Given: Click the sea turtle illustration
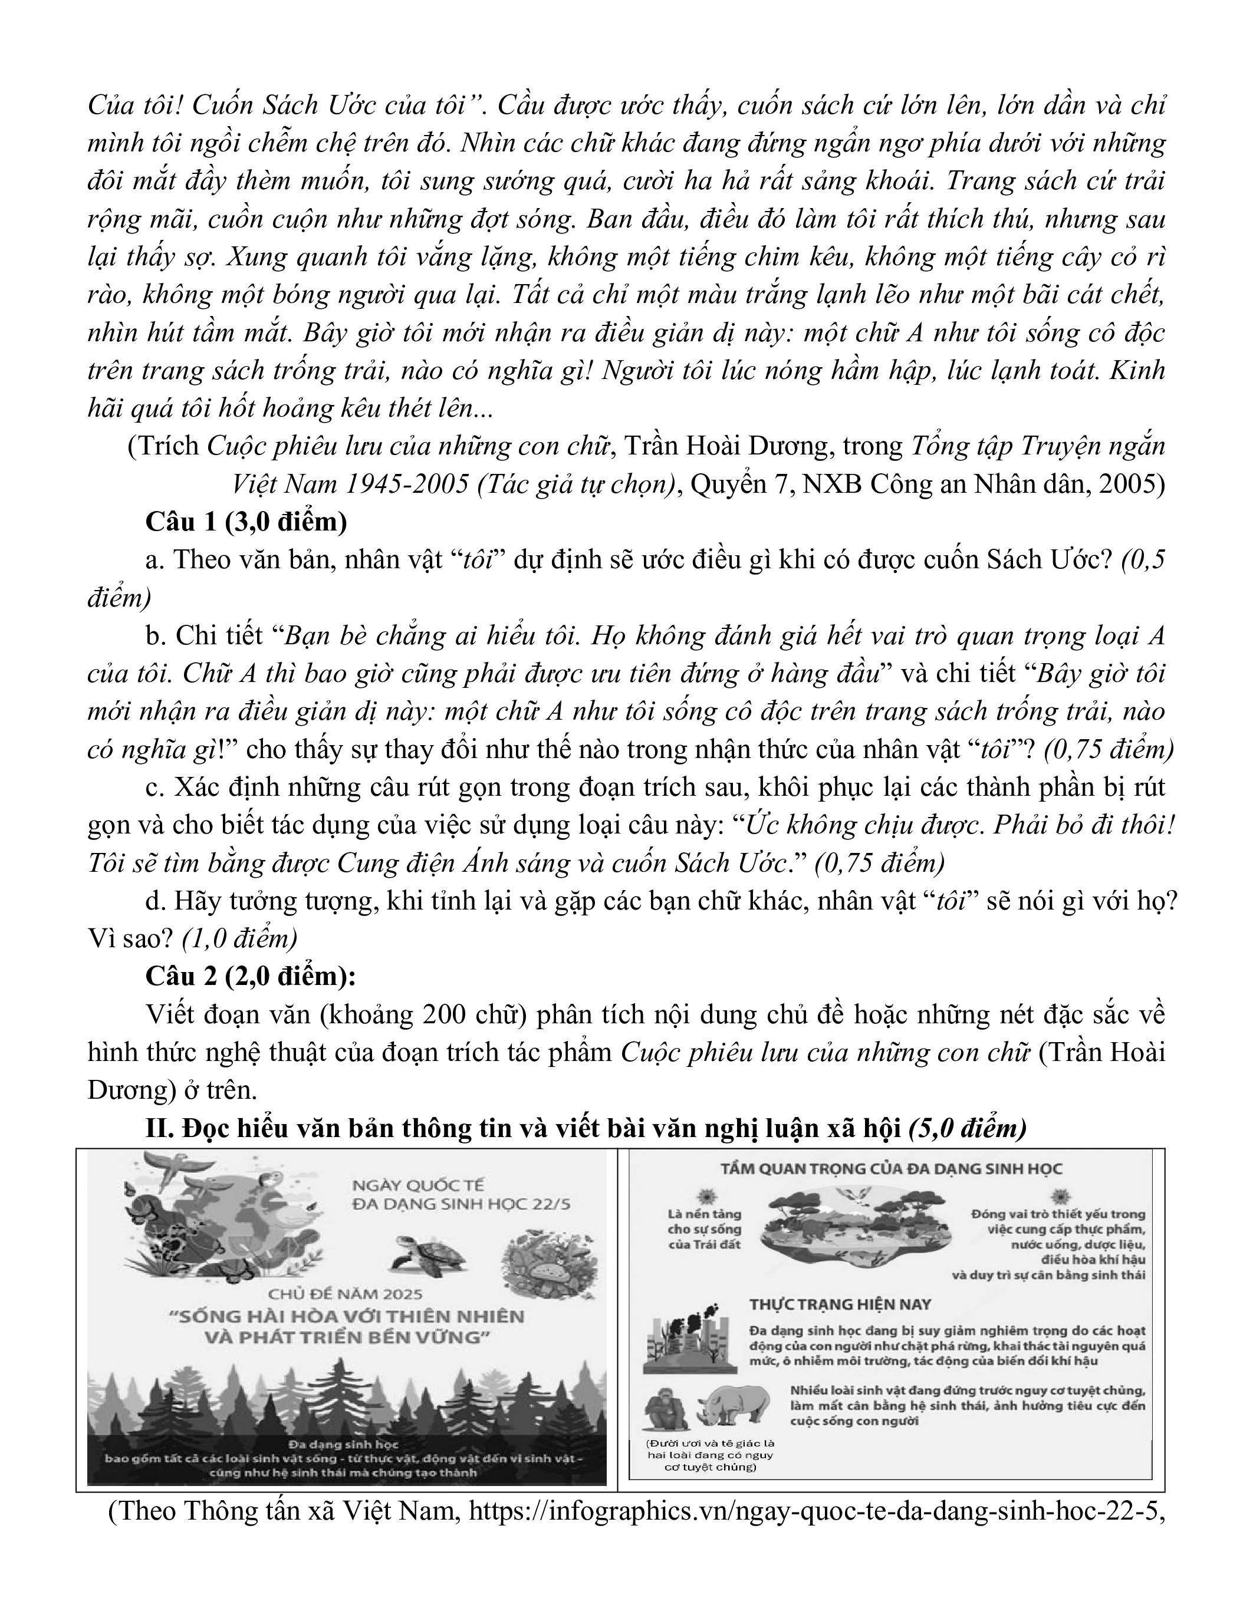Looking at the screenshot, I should (x=430, y=1255).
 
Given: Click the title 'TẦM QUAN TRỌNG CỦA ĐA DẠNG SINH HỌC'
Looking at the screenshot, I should (x=892, y=1169).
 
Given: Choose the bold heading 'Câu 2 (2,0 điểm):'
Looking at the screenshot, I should (x=251, y=976).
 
